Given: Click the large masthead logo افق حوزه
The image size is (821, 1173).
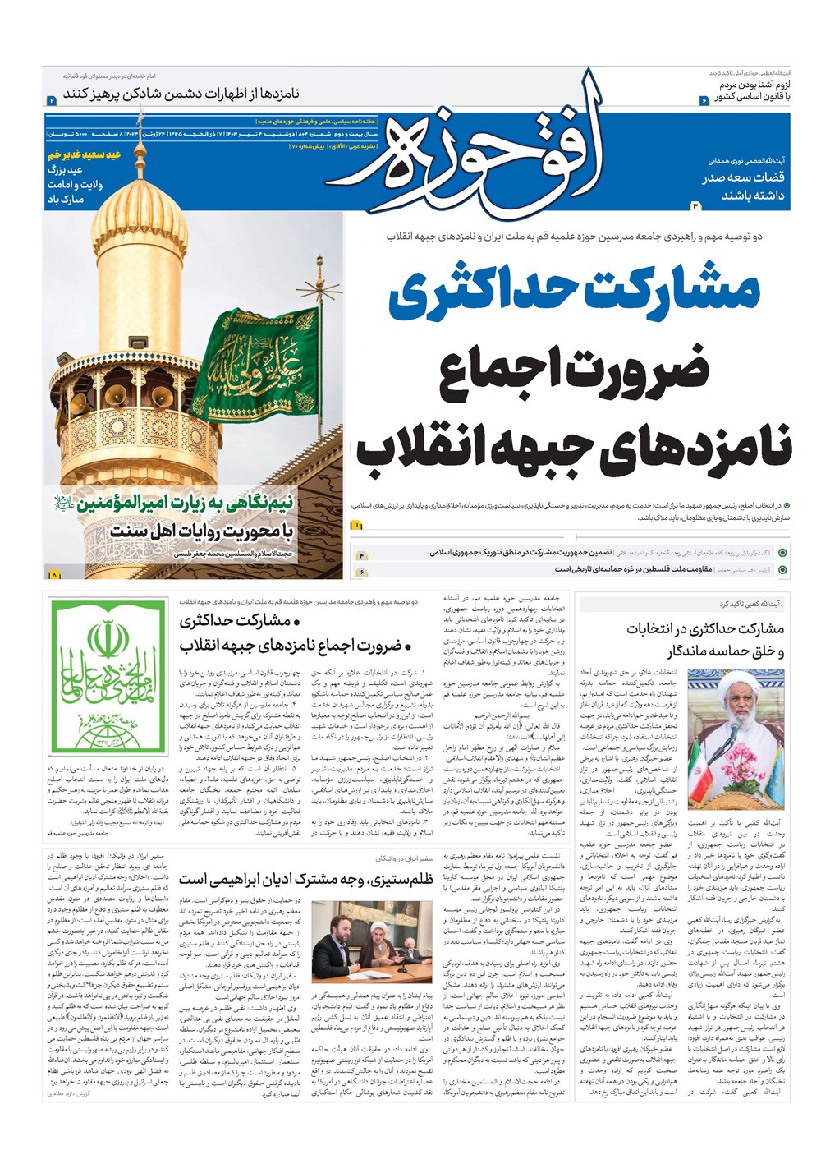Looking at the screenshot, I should (468, 160).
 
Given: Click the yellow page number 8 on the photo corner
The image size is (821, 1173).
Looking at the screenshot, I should (54, 575).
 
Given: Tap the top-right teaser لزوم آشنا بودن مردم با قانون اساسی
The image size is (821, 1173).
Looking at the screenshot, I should (751, 90).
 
